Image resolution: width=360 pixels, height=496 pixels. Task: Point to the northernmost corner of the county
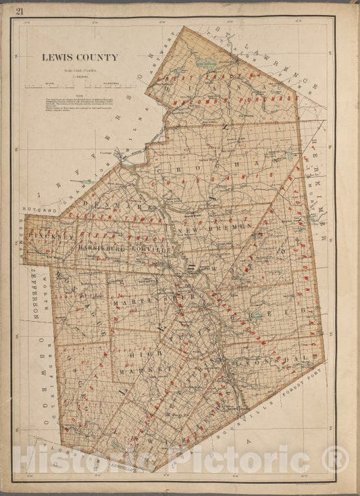[184, 28]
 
